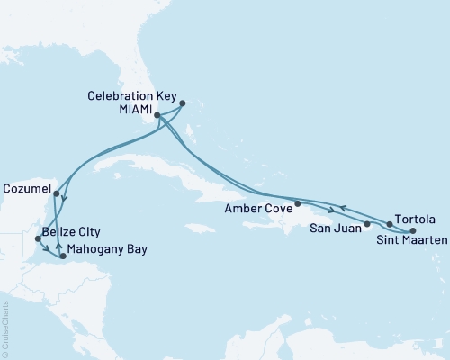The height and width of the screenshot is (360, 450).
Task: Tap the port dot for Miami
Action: [x=157, y=115]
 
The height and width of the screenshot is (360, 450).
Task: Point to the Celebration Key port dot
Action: [x=183, y=103]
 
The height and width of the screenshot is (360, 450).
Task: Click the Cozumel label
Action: [x=26, y=193]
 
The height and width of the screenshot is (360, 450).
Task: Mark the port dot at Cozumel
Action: [x=56, y=193]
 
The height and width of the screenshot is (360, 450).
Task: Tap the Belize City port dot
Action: [x=38, y=238]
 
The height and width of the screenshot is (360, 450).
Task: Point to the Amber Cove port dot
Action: [x=298, y=202]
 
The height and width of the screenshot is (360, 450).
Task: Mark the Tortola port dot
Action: [x=390, y=223]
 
